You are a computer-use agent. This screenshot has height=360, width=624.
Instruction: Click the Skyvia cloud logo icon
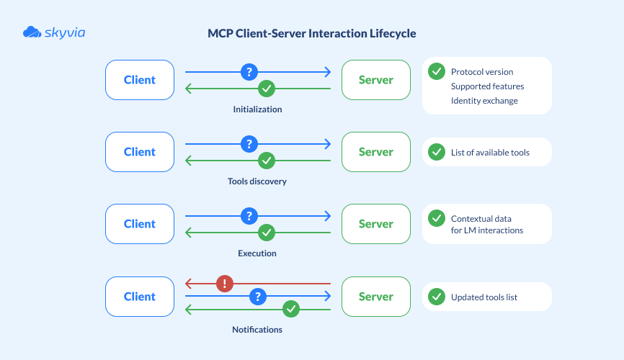32,32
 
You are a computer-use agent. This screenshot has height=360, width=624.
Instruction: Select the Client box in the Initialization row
140,80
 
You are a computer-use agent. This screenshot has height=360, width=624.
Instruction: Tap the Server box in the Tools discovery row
376,152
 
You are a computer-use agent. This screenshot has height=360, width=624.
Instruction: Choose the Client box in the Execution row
140,224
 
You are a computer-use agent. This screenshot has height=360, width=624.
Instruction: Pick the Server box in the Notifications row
376,297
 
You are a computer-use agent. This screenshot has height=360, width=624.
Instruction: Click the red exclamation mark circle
226,284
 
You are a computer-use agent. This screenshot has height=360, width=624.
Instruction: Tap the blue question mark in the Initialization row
249,72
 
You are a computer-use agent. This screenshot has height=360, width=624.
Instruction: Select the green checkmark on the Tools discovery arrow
267,161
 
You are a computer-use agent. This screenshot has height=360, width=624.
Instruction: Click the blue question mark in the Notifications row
258,296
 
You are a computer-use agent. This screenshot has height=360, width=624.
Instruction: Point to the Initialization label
257,109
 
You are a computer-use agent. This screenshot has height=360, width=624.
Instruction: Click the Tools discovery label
257,181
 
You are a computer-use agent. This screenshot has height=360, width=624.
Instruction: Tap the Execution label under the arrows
257,253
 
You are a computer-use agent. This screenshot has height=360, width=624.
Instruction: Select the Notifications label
257,330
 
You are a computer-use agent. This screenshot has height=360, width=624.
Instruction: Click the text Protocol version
482,72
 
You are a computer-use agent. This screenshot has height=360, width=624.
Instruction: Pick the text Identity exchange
484,101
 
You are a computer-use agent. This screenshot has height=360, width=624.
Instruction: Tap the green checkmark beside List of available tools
436,152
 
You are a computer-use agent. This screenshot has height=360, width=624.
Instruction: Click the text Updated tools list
484,297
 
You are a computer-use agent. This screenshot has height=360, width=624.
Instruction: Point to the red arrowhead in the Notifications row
188,284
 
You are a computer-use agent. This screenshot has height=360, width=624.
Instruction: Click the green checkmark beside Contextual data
436,218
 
